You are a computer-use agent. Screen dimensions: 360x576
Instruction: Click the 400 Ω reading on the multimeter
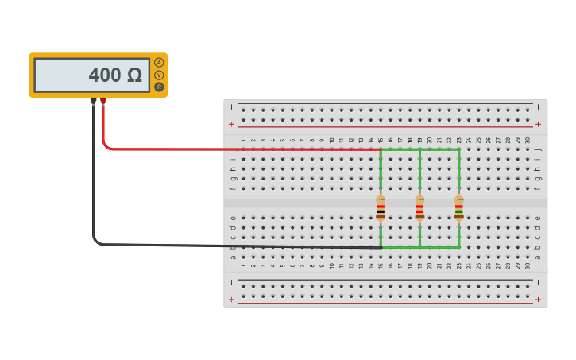pos(114,75)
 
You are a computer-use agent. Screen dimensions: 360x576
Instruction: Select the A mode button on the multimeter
pos(159,63)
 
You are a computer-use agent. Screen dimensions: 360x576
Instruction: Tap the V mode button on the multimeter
pos(159,75)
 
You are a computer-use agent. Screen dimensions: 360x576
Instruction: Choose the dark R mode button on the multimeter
pos(159,87)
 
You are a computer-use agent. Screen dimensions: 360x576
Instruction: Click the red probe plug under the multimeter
pos(102,102)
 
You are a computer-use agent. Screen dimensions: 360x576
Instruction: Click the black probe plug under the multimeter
pos(93,102)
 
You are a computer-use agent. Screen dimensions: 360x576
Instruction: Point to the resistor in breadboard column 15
pos(381,208)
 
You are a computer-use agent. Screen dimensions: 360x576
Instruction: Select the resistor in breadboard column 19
pos(419,208)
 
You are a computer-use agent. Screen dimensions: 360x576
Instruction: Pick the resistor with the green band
pos(458,208)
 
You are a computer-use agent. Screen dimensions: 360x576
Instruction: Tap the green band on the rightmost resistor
pos(458,211)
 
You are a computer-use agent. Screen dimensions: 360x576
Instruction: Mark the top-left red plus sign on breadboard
pos(231,124)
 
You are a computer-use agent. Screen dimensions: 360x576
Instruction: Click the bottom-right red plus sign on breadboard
pos(538,300)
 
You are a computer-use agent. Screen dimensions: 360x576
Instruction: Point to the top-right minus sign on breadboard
pos(538,106)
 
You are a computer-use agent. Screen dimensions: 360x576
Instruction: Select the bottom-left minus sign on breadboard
pos(231,282)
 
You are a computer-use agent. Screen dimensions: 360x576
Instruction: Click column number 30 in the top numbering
pos(528,141)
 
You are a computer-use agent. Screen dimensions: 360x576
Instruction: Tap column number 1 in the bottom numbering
pos(244,265)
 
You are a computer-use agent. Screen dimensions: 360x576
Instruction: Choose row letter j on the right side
pos(538,149)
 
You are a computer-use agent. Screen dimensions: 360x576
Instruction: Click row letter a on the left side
pos(232,257)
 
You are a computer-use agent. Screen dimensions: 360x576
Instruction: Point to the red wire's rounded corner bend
pos(105,145)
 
